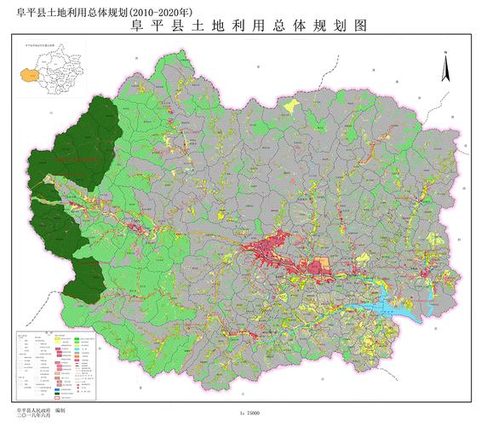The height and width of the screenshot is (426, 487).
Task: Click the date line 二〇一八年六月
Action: (32, 417)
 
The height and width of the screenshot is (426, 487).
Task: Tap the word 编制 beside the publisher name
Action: (60, 411)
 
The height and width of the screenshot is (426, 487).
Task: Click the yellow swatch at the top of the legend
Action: (61, 339)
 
